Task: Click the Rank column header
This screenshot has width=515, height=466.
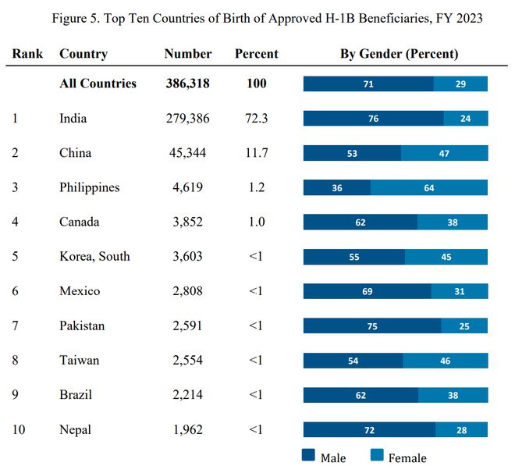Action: click(27, 54)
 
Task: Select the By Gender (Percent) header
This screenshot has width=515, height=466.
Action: click(399, 54)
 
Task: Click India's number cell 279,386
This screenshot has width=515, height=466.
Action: click(187, 119)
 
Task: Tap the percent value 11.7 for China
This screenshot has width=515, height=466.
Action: click(257, 153)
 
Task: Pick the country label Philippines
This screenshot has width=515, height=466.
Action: click(89, 187)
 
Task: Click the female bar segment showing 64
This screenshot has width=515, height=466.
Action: click(429, 187)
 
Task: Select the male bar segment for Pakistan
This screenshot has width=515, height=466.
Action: click(372, 325)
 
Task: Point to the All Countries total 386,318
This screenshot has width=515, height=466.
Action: click(187, 84)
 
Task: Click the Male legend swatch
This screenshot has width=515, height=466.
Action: click(308, 455)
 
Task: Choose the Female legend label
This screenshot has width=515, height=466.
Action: click(407, 457)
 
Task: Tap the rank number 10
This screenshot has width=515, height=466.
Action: click(19, 429)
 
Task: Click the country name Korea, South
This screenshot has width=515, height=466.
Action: click(94, 256)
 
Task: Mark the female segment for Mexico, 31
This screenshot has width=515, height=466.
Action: click(460, 291)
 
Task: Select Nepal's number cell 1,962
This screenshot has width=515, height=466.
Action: click(188, 429)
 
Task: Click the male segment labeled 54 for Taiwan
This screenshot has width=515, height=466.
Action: click(353, 361)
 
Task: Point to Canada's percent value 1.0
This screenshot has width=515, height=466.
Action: click(257, 222)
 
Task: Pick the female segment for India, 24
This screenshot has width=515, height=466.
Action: click(466, 119)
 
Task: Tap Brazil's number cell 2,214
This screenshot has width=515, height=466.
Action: click(188, 395)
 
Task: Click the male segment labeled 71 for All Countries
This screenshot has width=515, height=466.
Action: click(368, 84)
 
